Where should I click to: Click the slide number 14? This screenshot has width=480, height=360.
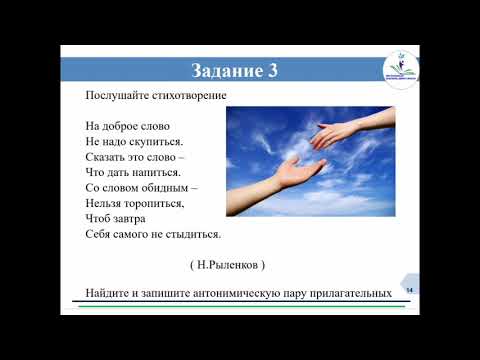(410, 289)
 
